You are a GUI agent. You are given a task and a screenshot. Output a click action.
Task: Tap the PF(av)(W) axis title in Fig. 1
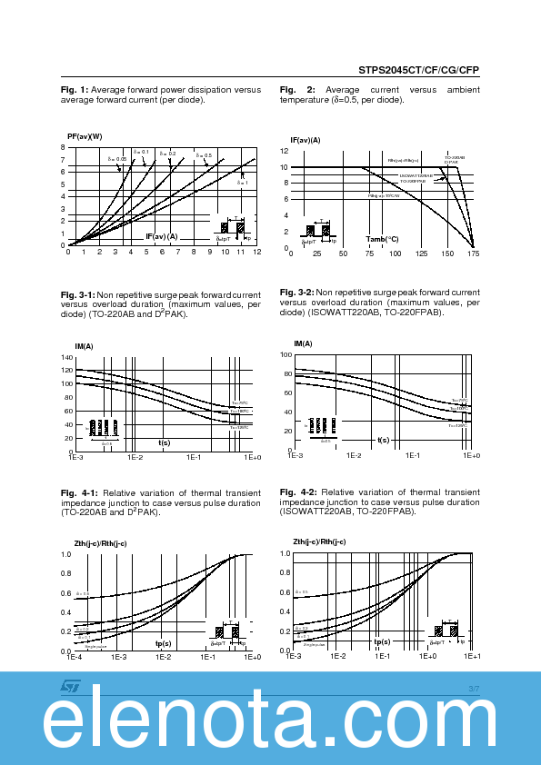coord(85,136)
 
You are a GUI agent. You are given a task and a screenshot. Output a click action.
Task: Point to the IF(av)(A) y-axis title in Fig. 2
coord(306,140)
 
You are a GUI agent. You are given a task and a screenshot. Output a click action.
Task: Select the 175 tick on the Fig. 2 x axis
coord(475,253)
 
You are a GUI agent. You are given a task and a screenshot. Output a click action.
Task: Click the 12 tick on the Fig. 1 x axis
coord(257,253)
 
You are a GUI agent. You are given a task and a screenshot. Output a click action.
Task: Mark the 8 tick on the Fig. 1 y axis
coord(63,147)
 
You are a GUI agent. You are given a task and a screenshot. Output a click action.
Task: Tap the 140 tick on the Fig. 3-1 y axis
coord(66,357)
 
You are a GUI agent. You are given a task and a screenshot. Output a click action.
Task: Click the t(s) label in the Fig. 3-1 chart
coord(165,442)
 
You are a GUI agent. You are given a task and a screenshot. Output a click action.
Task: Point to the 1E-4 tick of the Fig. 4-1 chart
coord(73,657)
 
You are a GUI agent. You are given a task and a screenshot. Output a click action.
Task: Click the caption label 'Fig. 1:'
coord(75,89)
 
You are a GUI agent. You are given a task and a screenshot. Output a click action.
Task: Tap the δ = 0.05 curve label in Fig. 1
coord(119,159)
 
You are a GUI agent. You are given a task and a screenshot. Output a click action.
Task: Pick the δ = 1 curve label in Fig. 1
coord(242,183)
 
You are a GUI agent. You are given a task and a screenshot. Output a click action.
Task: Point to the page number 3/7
coord(473,690)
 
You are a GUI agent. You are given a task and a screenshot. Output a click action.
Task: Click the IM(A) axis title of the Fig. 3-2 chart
coord(303,343)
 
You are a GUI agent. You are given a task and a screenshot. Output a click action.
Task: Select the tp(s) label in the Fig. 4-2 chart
coord(382,641)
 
